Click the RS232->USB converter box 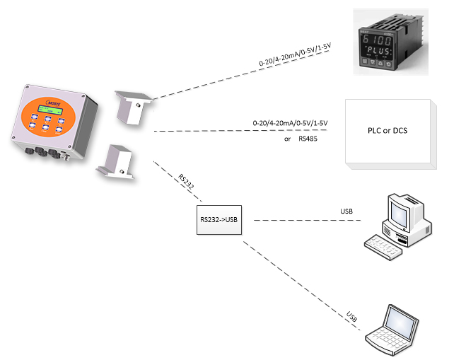coord(219,220)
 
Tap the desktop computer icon coord(398,226)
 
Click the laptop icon coord(392,330)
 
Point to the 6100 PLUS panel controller coord(391,42)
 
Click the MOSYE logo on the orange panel coord(54,103)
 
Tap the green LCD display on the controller coord(50,110)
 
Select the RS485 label coord(308,139)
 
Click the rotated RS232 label coord(186,182)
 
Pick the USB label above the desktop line coord(346,211)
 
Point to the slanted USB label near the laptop coord(351,317)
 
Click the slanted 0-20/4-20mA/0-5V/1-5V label coord(294,54)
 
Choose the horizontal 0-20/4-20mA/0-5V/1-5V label coord(290,123)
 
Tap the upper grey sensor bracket coord(134,108)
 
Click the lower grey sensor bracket coord(115,162)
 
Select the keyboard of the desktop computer coord(383,247)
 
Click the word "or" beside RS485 coord(287,139)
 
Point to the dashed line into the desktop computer coord(308,220)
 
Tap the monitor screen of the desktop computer coord(399,214)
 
